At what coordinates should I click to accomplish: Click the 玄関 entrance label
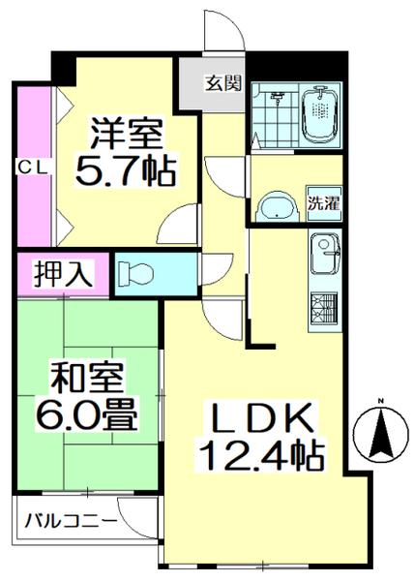tap(222, 82)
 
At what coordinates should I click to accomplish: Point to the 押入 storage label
tap(64, 274)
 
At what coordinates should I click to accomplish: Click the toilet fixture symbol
tap(134, 274)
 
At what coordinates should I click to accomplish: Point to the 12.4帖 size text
tap(261, 452)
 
